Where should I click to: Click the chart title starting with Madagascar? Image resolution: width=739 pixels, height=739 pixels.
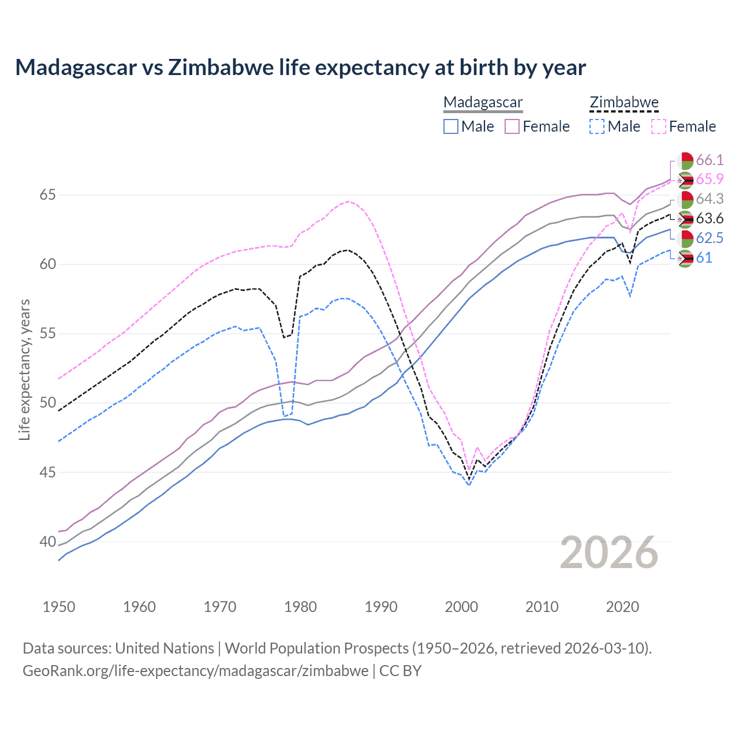point(300,68)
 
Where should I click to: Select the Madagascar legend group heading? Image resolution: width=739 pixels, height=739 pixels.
point(483,103)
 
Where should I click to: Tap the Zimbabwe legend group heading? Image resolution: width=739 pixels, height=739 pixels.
point(624,103)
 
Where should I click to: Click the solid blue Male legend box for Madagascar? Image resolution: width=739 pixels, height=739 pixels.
point(451,126)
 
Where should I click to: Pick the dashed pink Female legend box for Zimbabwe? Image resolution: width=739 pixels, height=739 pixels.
point(659,126)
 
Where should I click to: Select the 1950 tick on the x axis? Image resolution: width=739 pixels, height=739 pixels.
point(59,607)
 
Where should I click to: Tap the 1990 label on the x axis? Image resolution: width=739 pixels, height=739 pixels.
point(381,607)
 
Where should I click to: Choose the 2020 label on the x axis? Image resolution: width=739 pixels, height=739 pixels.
point(622,607)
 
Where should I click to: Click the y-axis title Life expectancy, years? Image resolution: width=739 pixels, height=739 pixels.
point(24,369)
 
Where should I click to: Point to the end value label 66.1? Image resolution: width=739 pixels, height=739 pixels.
point(710,160)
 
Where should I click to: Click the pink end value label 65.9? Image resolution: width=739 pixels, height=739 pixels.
point(710,180)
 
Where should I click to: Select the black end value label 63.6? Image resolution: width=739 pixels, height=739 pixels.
point(710,219)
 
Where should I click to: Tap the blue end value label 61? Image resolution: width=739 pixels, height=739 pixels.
point(704,258)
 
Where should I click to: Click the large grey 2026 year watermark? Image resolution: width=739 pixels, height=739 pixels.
point(609,553)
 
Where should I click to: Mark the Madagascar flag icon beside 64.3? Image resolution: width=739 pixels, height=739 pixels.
point(685,200)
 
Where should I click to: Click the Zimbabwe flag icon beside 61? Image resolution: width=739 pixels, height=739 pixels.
point(685,259)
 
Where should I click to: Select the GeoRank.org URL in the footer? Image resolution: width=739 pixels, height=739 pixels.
point(195,671)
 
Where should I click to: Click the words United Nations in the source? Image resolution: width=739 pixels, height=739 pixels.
point(165,648)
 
